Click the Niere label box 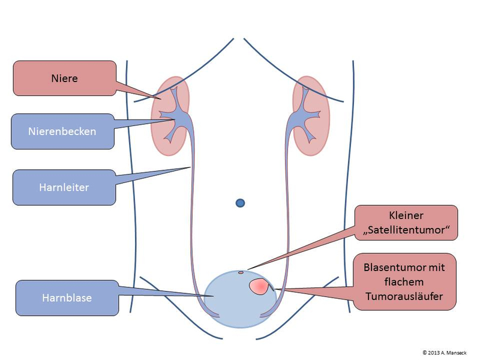(x=64, y=78)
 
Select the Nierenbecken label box (x=62, y=131)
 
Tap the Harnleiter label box (x=64, y=187)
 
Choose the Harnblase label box (x=66, y=297)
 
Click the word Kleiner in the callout (x=406, y=215)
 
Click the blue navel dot (x=241, y=203)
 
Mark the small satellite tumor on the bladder (x=241, y=272)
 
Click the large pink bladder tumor (x=259, y=286)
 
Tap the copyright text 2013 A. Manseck (x=447, y=352)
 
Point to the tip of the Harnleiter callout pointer (x=190, y=167)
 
